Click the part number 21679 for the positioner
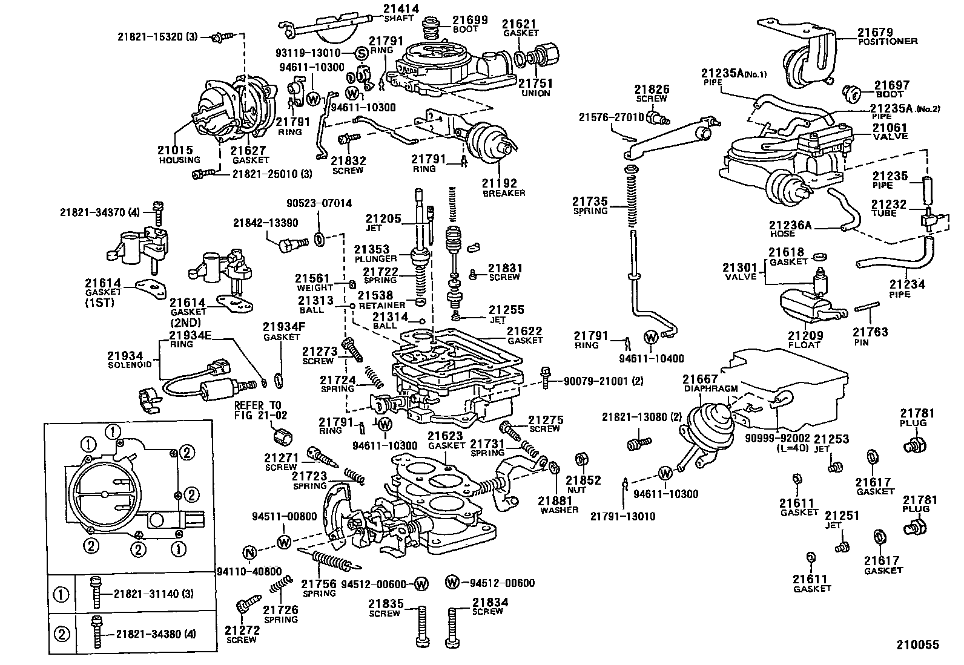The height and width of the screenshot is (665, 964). (x=875, y=31)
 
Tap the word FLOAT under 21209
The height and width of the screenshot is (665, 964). (x=804, y=344)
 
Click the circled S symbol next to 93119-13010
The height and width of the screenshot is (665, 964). (x=361, y=53)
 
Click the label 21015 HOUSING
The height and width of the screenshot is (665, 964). (x=179, y=155)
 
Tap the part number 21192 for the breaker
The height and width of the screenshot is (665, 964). (x=500, y=183)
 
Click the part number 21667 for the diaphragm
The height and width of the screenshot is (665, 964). (x=701, y=379)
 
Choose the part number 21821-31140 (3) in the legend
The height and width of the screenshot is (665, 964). (x=154, y=594)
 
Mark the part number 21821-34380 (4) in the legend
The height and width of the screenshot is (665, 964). (x=154, y=634)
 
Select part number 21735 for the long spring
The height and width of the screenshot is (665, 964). (x=590, y=201)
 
